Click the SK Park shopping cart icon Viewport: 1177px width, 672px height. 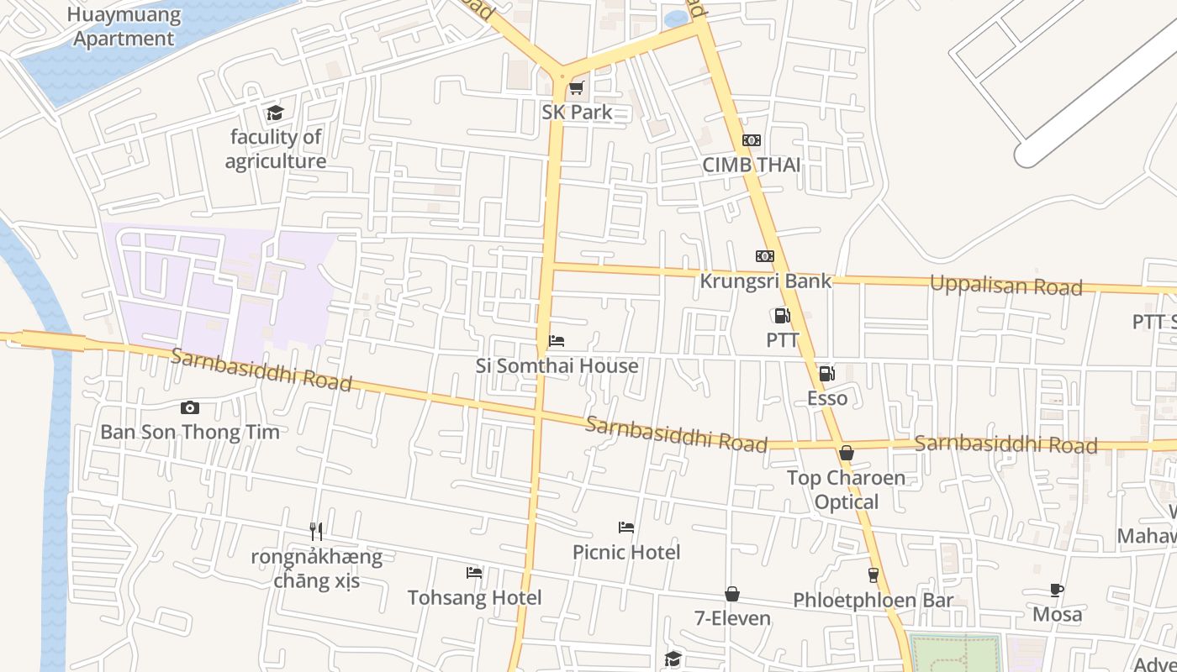click(x=576, y=88)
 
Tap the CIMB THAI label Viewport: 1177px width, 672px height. click(x=752, y=165)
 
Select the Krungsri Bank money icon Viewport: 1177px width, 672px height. click(x=764, y=256)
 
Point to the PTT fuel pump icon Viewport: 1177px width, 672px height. click(x=782, y=316)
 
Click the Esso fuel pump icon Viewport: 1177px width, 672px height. click(x=827, y=374)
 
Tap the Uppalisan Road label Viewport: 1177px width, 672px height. click(x=1005, y=286)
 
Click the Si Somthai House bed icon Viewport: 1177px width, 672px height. click(x=556, y=341)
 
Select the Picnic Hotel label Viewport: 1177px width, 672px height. click(x=626, y=552)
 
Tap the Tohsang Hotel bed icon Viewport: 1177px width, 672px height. click(x=474, y=573)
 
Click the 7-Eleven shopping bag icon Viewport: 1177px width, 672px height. click(x=732, y=594)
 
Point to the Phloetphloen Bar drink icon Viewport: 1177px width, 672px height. click(x=873, y=575)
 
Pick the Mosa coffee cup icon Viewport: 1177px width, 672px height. click(x=1057, y=590)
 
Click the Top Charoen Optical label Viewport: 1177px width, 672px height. click(x=847, y=490)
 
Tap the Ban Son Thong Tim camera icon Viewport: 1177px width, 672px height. click(x=190, y=407)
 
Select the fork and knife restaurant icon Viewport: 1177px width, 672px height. click(x=316, y=531)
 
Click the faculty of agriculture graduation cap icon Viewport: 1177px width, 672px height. click(x=275, y=113)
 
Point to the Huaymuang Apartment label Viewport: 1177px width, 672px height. click(x=124, y=27)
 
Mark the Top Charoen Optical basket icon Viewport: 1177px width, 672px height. click(x=847, y=453)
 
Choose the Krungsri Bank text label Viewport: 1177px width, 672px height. click(x=765, y=281)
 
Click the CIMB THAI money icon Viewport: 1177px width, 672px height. click(x=752, y=140)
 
